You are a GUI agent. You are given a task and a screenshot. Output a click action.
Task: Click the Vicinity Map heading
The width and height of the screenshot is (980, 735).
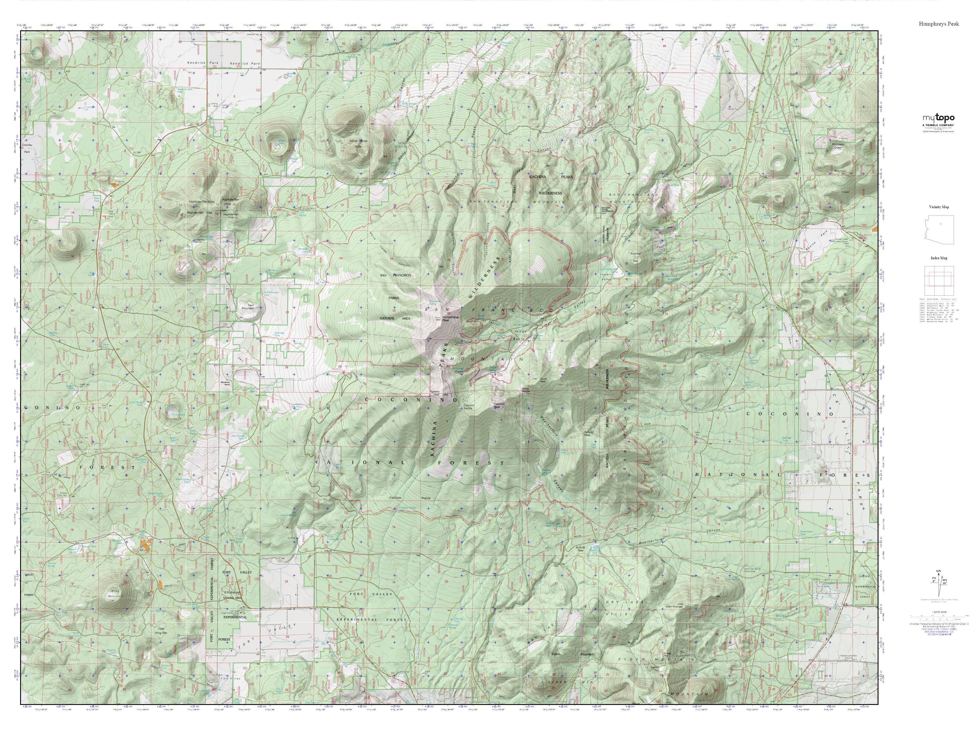[x=939, y=207]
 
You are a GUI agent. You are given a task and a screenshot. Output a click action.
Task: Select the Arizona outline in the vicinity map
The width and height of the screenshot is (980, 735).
[x=939, y=229]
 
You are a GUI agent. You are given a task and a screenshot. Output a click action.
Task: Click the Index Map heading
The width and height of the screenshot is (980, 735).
[x=939, y=258]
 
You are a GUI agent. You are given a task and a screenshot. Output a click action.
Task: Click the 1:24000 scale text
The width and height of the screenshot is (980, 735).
[x=938, y=612]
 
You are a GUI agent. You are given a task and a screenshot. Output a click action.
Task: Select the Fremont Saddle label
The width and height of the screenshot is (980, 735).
[x=469, y=406]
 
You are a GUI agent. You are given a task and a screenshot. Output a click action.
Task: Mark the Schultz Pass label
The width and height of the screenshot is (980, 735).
[x=580, y=548]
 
